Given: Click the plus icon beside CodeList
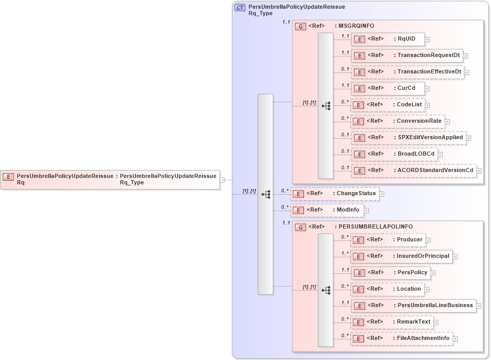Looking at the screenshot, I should click(427, 105).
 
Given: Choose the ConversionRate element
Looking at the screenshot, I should click(397, 121).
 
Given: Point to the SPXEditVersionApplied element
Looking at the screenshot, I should click(408, 138).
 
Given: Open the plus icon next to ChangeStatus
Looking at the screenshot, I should click(382, 194).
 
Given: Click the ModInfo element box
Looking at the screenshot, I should click(327, 210).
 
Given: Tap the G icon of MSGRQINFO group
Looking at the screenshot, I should click(301, 26).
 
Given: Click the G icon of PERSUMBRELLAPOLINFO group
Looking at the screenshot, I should click(301, 227).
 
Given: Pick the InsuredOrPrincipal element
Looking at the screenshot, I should click(401, 256).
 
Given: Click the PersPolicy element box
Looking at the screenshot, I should click(390, 273).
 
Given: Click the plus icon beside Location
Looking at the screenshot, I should click(427, 290).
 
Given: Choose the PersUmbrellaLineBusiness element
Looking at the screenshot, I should click(413, 306).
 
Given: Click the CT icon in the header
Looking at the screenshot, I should click(240, 8).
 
